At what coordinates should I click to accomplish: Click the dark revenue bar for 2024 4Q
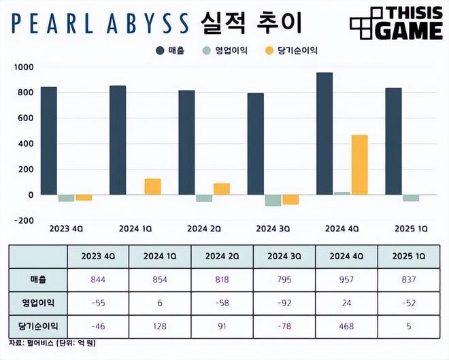coord(325,133)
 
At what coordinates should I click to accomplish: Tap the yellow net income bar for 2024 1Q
coord(152,186)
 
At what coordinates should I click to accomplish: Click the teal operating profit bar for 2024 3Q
coord(273,200)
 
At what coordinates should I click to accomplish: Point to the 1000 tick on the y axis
coord(22,67)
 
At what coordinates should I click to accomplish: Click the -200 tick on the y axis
coord(22,220)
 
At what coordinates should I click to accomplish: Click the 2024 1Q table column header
coord(161,255)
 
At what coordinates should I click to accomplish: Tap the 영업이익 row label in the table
coord(38,301)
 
